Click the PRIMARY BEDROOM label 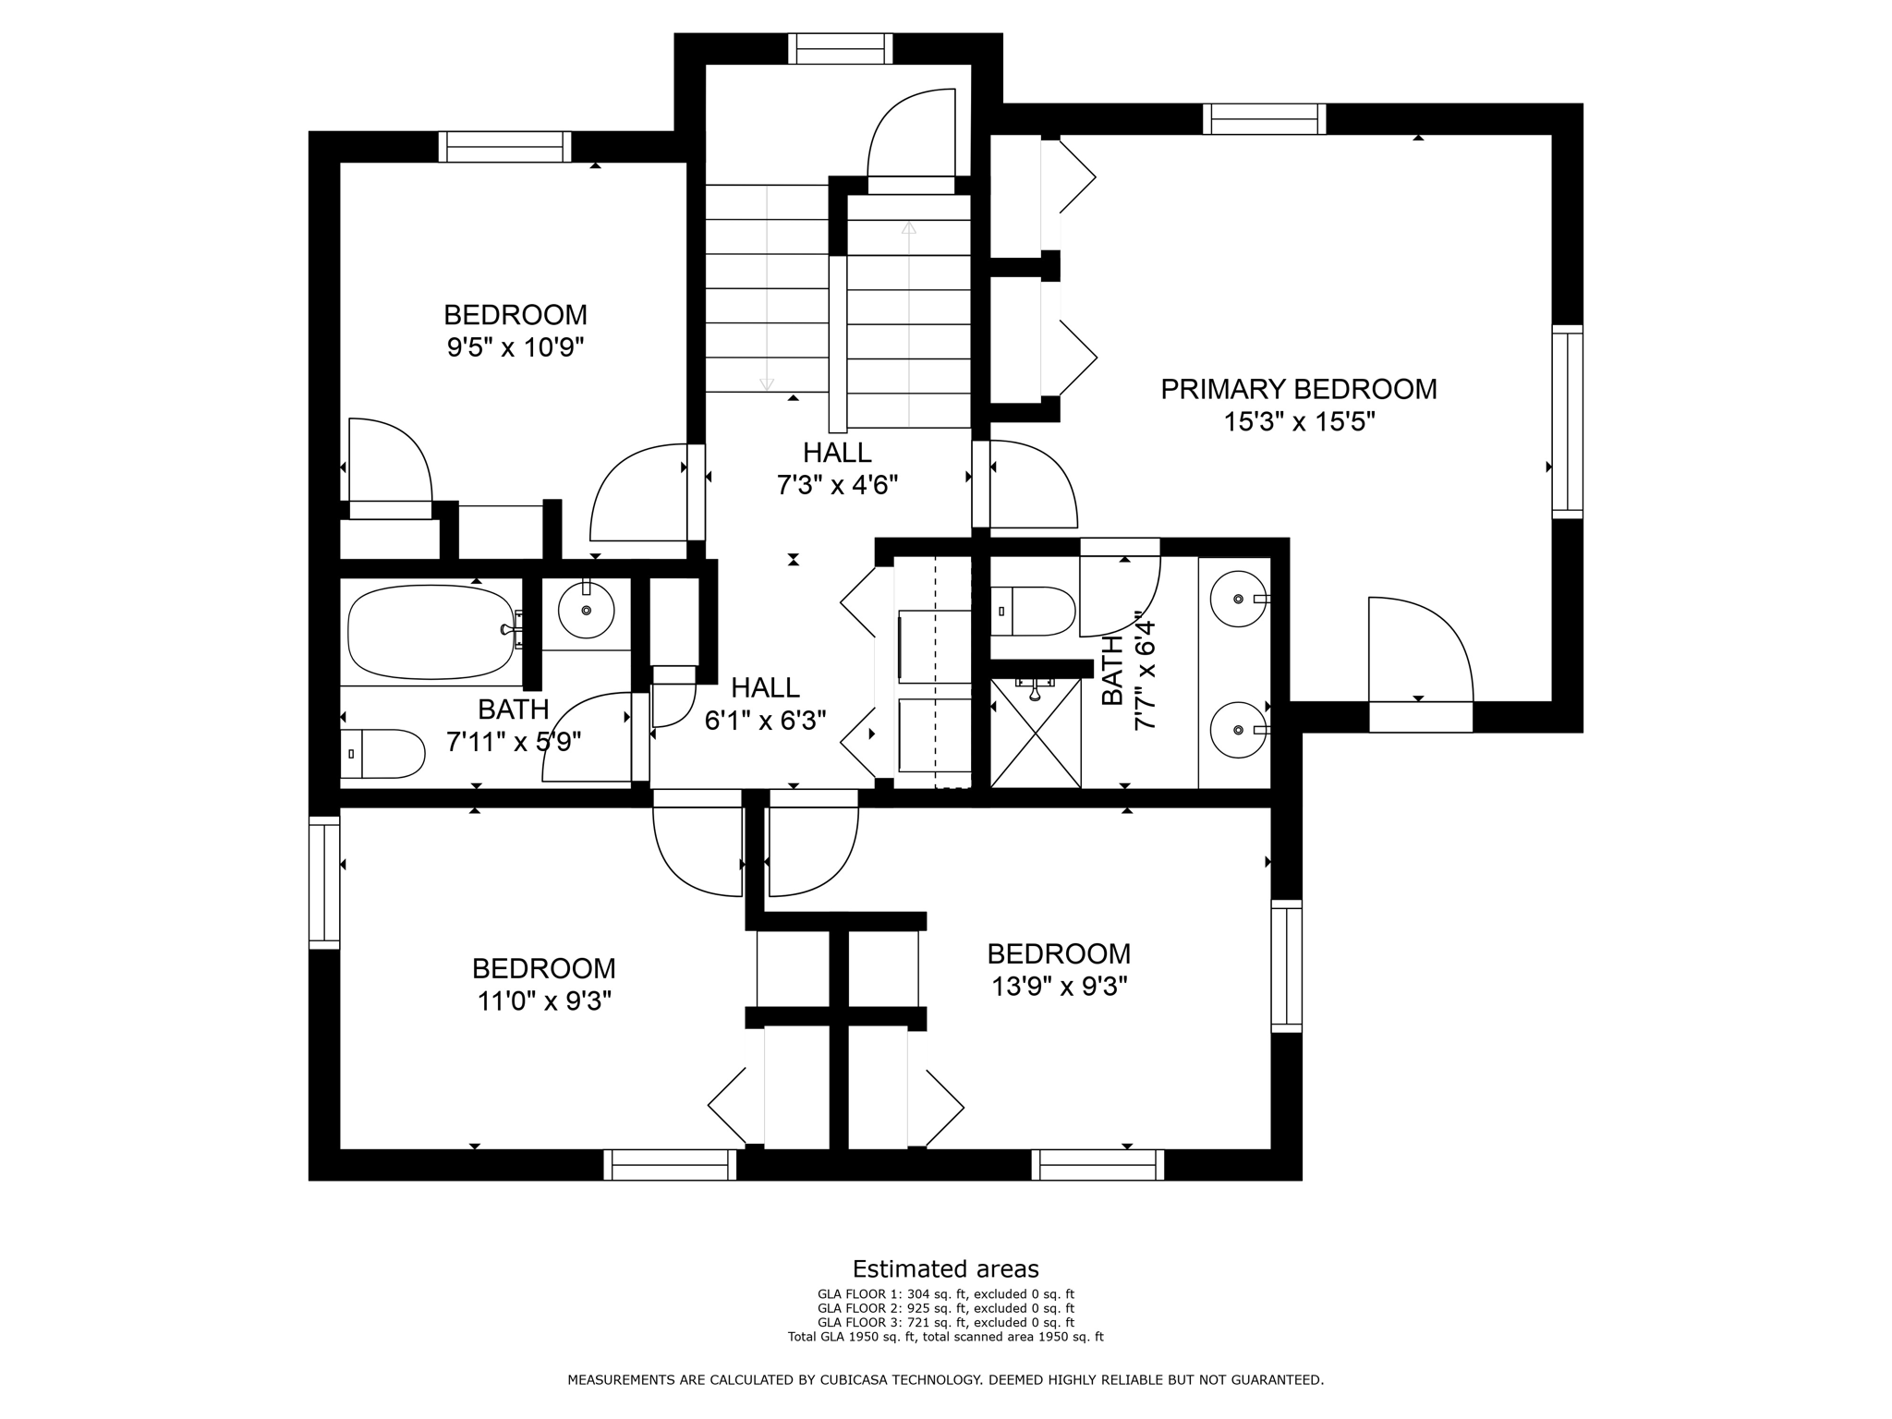pyautogui.click(x=1298, y=389)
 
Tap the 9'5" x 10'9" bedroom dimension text pyautogui.click(x=515, y=348)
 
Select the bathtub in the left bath pyautogui.click(x=431, y=633)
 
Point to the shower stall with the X pyautogui.click(x=1035, y=733)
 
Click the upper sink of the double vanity pyautogui.click(x=1238, y=599)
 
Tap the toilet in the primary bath pyautogui.click(x=1033, y=612)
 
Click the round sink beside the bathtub pyautogui.click(x=586, y=610)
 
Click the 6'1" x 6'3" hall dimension pyautogui.click(x=765, y=721)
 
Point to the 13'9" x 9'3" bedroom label pyautogui.click(x=1059, y=970)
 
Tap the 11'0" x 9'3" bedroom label pyautogui.click(x=543, y=985)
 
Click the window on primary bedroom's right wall pyautogui.click(x=1567, y=421)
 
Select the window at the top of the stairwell pyautogui.click(x=841, y=48)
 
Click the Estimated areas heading pyautogui.click(x=945, y=1268)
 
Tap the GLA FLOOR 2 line pyautogui.click(x=945, y=1308)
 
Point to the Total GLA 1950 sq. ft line pyautogui.click(x=945, y=1336)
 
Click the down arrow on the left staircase pyautogui.click(x=766, y=383)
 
